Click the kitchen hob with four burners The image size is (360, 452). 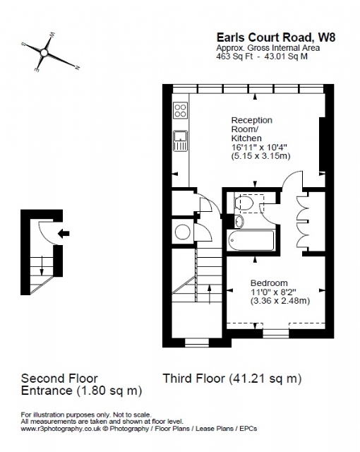[181, 110]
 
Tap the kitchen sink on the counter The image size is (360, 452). [181, 141]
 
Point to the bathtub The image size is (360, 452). [251, 240]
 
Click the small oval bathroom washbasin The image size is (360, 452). [239, 222]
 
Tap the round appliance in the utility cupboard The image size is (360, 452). [182, 232]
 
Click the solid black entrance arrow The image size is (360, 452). [64, 233]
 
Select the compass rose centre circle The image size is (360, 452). [44, 53]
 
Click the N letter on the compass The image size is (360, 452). [77, 68]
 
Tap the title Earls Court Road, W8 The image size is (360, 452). [276, 37]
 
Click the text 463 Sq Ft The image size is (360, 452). [234, 56]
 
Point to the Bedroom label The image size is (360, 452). [269, 282]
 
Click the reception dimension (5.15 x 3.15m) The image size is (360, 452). [261, 156]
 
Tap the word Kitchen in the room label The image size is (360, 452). [246, 138]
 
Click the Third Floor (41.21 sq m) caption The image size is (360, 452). [232, 379]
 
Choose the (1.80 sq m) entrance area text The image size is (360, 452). [109, 391]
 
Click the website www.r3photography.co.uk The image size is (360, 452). [61, 429]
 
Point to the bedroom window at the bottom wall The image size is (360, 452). [276, 333]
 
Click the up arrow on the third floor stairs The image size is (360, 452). [210, 294]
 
